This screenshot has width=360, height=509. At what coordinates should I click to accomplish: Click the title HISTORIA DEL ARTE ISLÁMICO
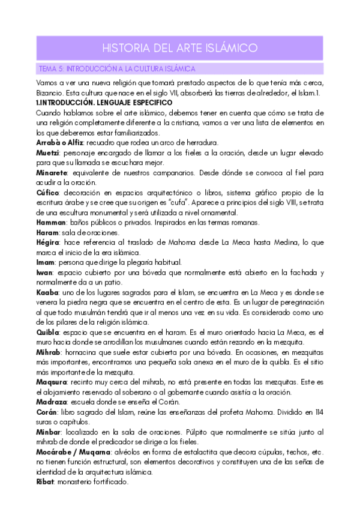tap(180, 47)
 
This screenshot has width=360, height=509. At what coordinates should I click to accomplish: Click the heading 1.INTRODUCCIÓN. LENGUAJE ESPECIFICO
tap(104, 103)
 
